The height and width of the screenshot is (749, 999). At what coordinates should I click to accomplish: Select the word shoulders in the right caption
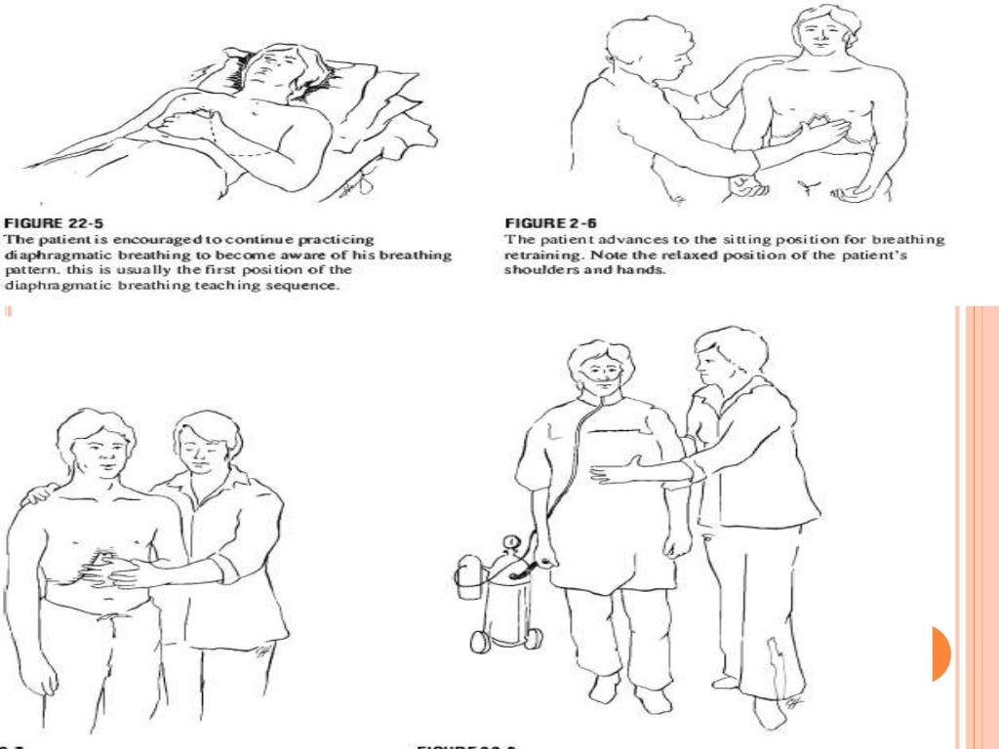pyautogui.click(x=539, y=269)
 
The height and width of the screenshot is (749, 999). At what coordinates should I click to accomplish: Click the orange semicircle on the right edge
pyautogui.click(x=939, y=652)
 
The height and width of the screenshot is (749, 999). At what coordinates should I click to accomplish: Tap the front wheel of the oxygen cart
pyautogui.click(x=480, y=642)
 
